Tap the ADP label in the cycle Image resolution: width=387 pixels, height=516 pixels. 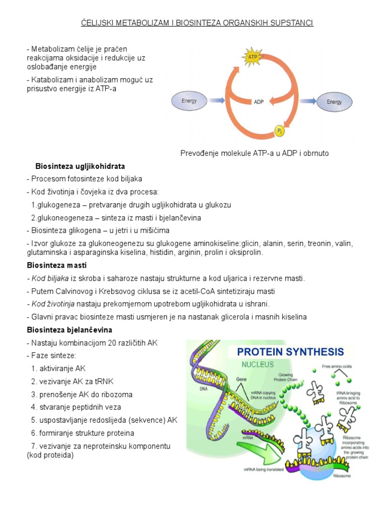pyautogui.click(x=259, y=102)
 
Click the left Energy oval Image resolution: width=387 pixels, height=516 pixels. pyautogui.click(x=190, y=101)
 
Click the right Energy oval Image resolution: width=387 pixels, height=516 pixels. pyautogui.click(x=334, y=102)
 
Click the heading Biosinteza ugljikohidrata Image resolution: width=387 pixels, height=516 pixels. pyautogui.click(x=80, y=166)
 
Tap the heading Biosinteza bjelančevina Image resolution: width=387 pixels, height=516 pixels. pyautogui.click(x=69, y=330)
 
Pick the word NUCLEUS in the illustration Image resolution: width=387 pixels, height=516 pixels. pyautogui.click(x=257, y=364)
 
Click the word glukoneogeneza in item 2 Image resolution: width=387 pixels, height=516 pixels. pyautogui.click(x=69, y=218)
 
